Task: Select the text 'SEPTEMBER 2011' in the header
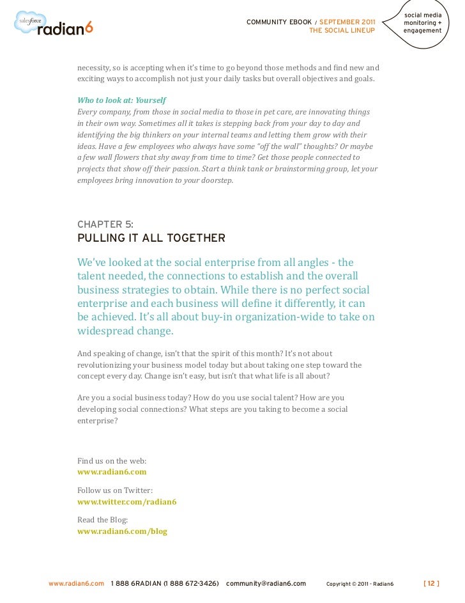[x=347, y=22]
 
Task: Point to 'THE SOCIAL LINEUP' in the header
[x=342, y=30]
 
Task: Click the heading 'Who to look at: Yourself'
[x=121, y=101]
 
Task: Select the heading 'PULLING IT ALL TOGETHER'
[x=151, y=239]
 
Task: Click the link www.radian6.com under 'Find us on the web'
[x=112, y=472]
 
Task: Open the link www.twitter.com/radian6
[x=126, y=501]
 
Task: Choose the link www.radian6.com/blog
[x=122, y=531]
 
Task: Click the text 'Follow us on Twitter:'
[x=115, y=490]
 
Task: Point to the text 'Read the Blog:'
[x=102, y=520]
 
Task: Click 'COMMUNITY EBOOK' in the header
[x=278, y=22]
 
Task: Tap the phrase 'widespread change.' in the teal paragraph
[x=125, y=331]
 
